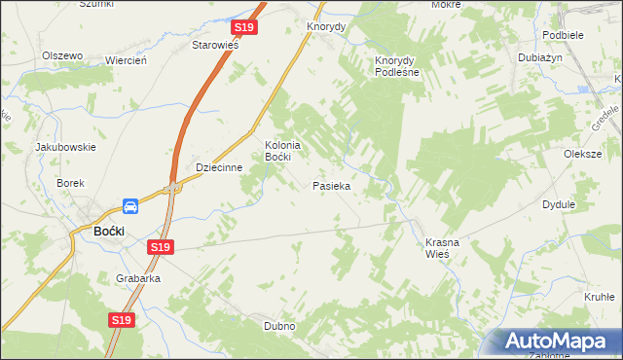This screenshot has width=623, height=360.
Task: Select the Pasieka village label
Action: coord(332,185)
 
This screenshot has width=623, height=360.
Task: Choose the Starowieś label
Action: coord(215,46)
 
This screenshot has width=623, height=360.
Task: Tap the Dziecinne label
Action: coord(218,166)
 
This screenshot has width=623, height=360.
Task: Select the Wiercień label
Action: coord(126,60)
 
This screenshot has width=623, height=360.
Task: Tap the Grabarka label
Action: coord(137,277)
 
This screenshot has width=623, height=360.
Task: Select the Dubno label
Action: coord(279,326)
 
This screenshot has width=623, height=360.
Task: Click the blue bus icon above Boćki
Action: coord(130,206)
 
